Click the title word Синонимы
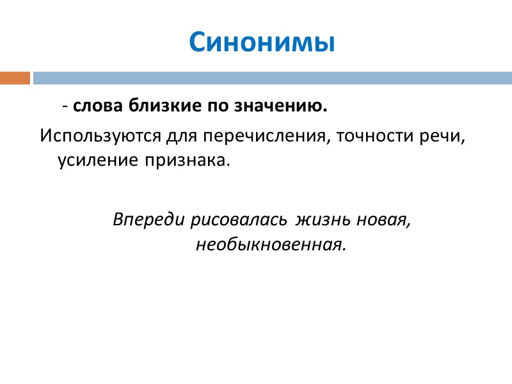point(262,42)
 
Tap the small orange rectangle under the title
point(15,78)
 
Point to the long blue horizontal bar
point(272,78)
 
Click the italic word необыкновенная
point(270,244)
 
